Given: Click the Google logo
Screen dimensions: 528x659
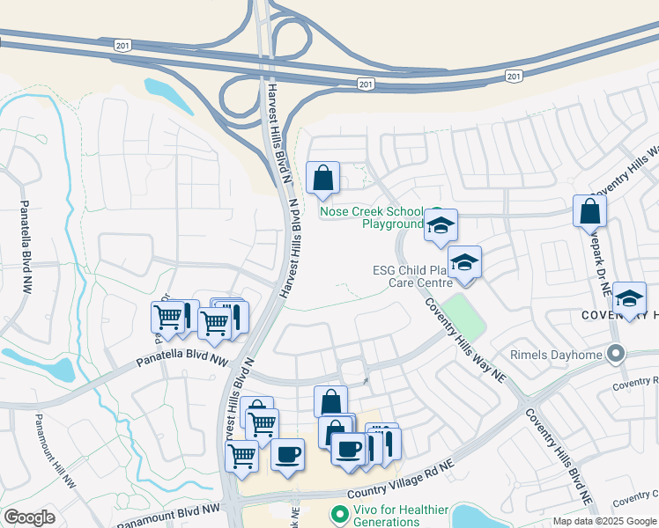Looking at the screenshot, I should pos(28,517).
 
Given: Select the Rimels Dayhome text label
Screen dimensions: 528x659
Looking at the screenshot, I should pos(556,356).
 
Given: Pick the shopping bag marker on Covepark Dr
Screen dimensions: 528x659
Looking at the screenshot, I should pos(589,211).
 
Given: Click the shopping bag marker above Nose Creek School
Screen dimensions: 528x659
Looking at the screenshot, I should pos(323,178).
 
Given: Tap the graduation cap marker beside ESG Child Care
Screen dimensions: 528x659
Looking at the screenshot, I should pos(464,262).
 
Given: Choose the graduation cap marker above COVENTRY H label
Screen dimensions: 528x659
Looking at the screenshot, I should pos(629,298).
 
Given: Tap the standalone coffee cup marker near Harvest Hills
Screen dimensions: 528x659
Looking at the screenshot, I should pos(287,455).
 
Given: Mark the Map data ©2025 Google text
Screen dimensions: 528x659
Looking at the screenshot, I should pos(604,521).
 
